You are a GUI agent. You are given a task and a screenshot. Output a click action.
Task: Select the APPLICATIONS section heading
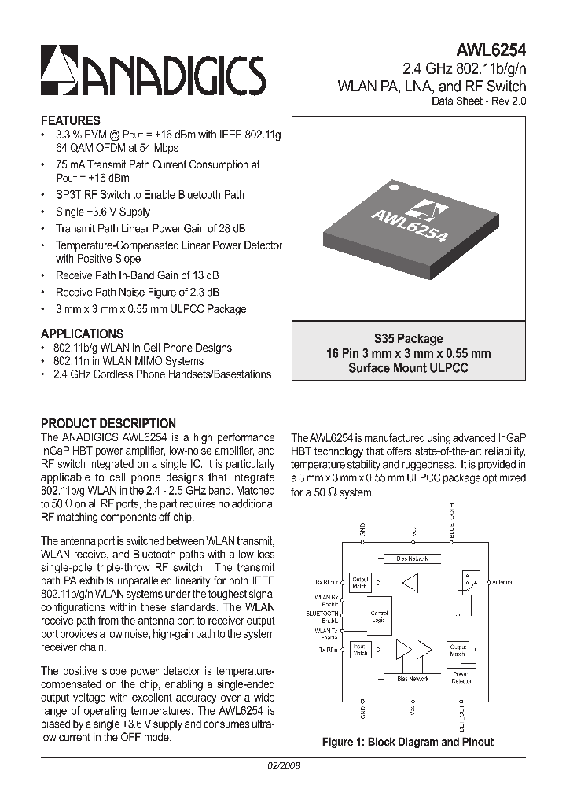point(82,334)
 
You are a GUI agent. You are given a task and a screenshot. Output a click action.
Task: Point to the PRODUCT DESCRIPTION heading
point(108,423)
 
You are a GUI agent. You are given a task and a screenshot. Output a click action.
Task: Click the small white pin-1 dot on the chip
point(396,187)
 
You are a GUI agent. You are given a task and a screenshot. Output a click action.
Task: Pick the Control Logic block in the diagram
point(379,616)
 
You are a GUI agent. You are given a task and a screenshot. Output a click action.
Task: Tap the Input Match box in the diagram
point(360,649)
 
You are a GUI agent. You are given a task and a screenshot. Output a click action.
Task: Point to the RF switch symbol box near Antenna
point(470,583)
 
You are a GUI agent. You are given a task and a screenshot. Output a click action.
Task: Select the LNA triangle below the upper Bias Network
point(410,583)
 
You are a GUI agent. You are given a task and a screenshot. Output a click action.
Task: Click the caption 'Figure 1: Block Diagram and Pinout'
point(408,742)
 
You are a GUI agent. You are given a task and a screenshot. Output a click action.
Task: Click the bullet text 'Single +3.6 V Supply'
point(102,212)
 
